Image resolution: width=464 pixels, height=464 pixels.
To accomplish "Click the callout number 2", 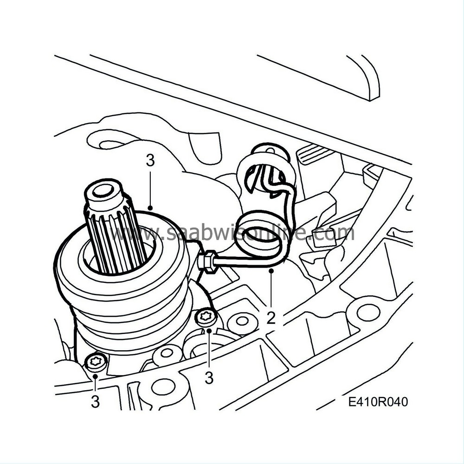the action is click(x=271, y=318).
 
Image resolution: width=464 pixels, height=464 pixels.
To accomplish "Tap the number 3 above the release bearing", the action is click(x=150, y=161).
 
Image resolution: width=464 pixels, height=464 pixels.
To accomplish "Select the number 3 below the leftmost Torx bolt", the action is click(x=95, y=402).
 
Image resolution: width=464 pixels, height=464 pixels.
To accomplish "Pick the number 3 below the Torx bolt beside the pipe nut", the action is click(x=209, y=378).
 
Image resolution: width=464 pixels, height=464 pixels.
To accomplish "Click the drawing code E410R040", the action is click(x=378, y=402).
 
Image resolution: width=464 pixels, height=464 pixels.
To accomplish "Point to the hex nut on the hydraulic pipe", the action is click(x=208, y=260).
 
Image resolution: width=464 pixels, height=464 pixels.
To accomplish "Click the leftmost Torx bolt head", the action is click(x=95, y=361).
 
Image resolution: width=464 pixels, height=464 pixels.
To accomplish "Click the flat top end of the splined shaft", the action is click(x=103, y=192).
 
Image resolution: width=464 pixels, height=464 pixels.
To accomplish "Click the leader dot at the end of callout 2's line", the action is click(x=271, y=270).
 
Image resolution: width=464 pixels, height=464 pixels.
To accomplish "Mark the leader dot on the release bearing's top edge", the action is click(x=150, y=208).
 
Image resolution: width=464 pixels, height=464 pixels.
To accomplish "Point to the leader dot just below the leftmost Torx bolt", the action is click(x=95, y=376).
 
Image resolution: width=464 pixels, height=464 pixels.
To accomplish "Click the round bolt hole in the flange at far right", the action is click(x=364, y=312).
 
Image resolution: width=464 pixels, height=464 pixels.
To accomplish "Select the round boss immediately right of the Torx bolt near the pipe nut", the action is click(x=242, y=320).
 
